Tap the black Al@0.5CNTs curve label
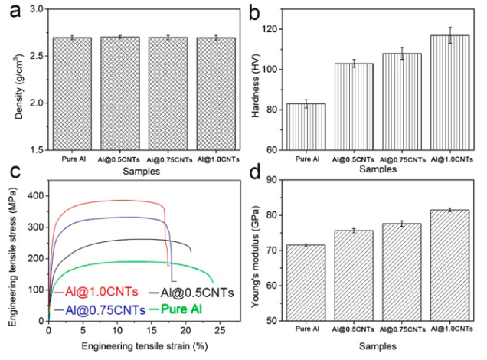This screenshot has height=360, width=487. (194, 292)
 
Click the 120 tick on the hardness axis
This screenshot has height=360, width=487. (273, 29)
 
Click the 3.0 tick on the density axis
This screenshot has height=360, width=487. (31, 10)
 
